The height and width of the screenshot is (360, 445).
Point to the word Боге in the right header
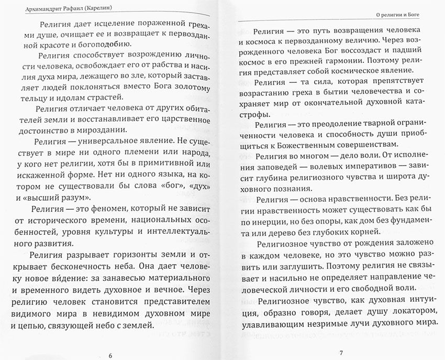pyautogui.click(x=425, y=15)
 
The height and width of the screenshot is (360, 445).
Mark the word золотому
pyautogui.click(x=185, y=85)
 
